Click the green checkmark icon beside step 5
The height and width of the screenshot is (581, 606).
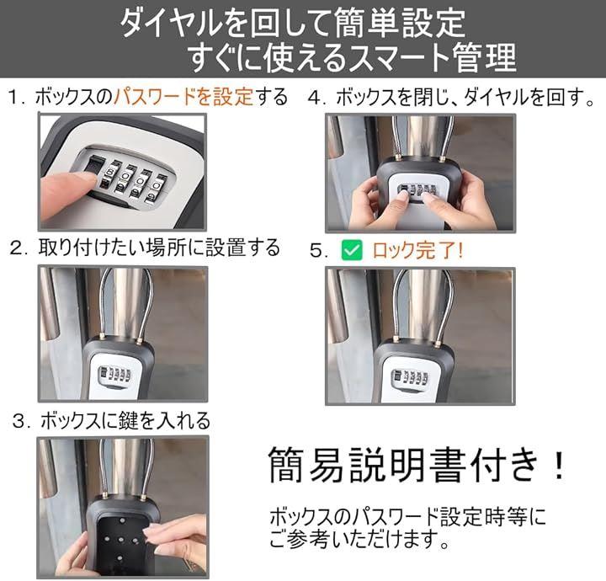pyautogui.click(x=352, y=250)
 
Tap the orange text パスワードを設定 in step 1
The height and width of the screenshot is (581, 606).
pyautogui.click(x=183, y=96)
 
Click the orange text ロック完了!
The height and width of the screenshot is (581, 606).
pyautogui.click(x=417, y=250)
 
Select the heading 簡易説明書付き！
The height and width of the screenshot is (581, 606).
pyautogui.click(x=417, y=464)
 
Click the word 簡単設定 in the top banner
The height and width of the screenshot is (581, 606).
pyautogui.click(x=400, y=24)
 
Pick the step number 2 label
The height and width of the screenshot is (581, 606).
pyautogui.click(x=17, y=248)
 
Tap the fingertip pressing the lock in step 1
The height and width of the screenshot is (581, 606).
pyautogui.click(x=76, y=182)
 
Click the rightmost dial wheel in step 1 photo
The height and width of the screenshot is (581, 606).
pyautogui.click(x=156, y=189)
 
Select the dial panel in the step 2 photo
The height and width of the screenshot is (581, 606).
pyautogui.click(x=114, y=376)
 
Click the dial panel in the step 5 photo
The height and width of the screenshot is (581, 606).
pyautogui.click(x=410, y=378)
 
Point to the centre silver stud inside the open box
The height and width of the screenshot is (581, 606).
pyautogui.click(x=120, y=540)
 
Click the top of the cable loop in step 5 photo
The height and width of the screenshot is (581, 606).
pyautogui.click(x=423, y=270)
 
